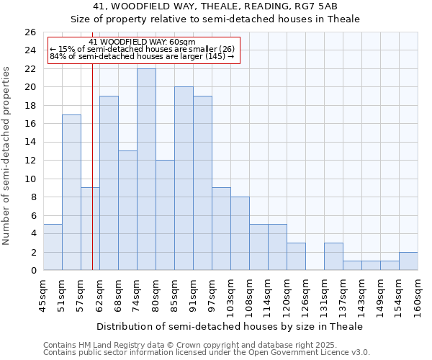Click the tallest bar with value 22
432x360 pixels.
click(x=146, y=169)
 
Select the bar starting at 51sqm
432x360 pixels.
click(x=71, y=192)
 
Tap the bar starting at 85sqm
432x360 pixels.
click(x=184, y=179)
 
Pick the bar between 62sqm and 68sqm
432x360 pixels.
click(x=109, y=183)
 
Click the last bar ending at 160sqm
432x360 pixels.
click(x=408, y=261)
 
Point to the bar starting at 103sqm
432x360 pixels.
click(x=240, y=233)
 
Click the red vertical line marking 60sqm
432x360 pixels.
click(x=93, y=166)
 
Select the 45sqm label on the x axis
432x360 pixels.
click(x=43, y=294)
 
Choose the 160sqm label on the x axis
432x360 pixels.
click(x=418, y=294)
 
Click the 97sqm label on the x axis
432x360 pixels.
click(x=212, y=294)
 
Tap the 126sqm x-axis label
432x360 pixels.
click(x=306, y=294)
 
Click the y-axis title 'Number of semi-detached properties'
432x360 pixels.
click(x=7, y=156)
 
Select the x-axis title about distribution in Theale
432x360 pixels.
click(x=230, y=326)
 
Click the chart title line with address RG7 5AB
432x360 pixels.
click(x=215, y=6)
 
